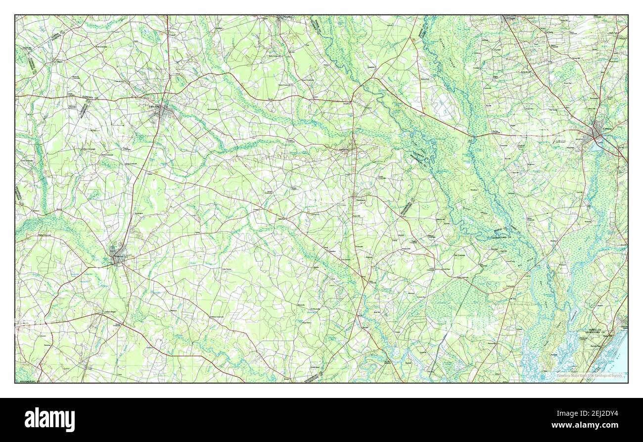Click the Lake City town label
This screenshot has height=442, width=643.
pos(154,106)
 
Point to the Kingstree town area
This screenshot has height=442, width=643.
pos(118,257)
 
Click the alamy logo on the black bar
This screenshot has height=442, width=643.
pos(49,420)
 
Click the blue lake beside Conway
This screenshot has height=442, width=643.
pos(597,146)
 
